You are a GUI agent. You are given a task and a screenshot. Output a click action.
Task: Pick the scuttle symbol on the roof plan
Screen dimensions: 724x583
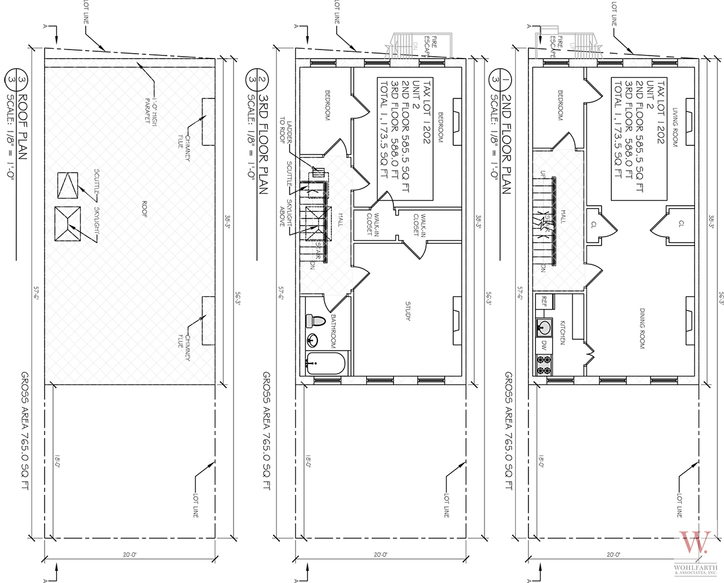pyautogui.click(x=68, y=185)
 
